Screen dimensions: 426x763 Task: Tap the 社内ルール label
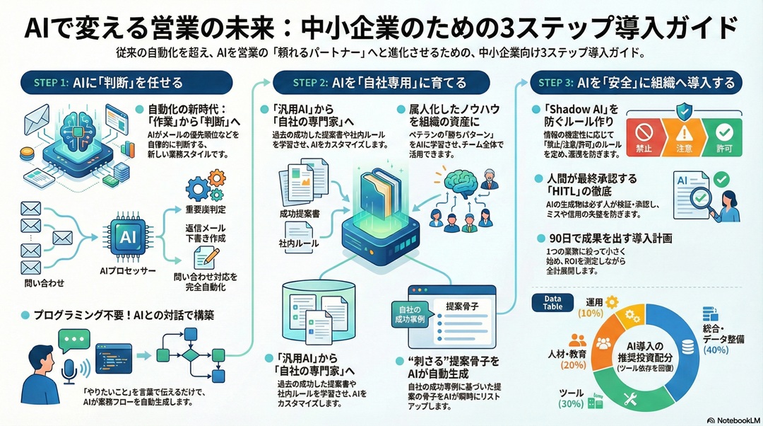(x=296, y=243)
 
